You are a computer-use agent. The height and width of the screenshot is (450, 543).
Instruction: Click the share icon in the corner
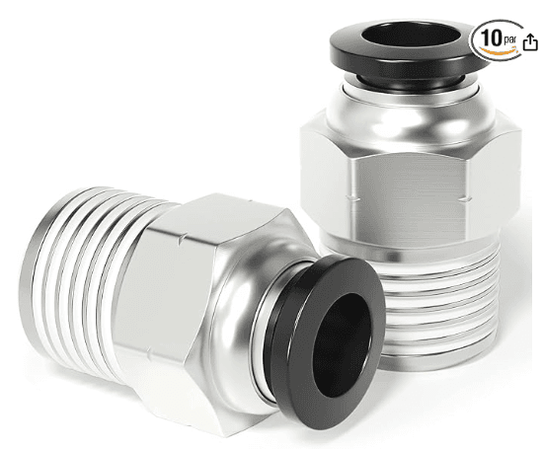pos(530,42)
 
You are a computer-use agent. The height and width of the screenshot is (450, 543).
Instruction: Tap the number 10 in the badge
pos(492,37)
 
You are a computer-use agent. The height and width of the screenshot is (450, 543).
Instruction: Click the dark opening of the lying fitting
pos(342,344)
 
